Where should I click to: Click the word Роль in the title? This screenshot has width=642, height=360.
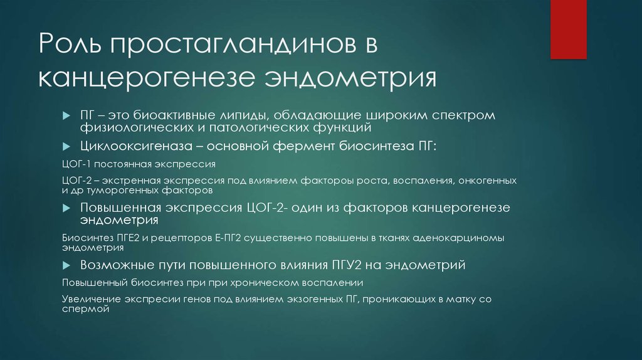(x=66, y=48)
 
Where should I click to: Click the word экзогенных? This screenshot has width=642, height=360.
(x=301, y=300)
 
